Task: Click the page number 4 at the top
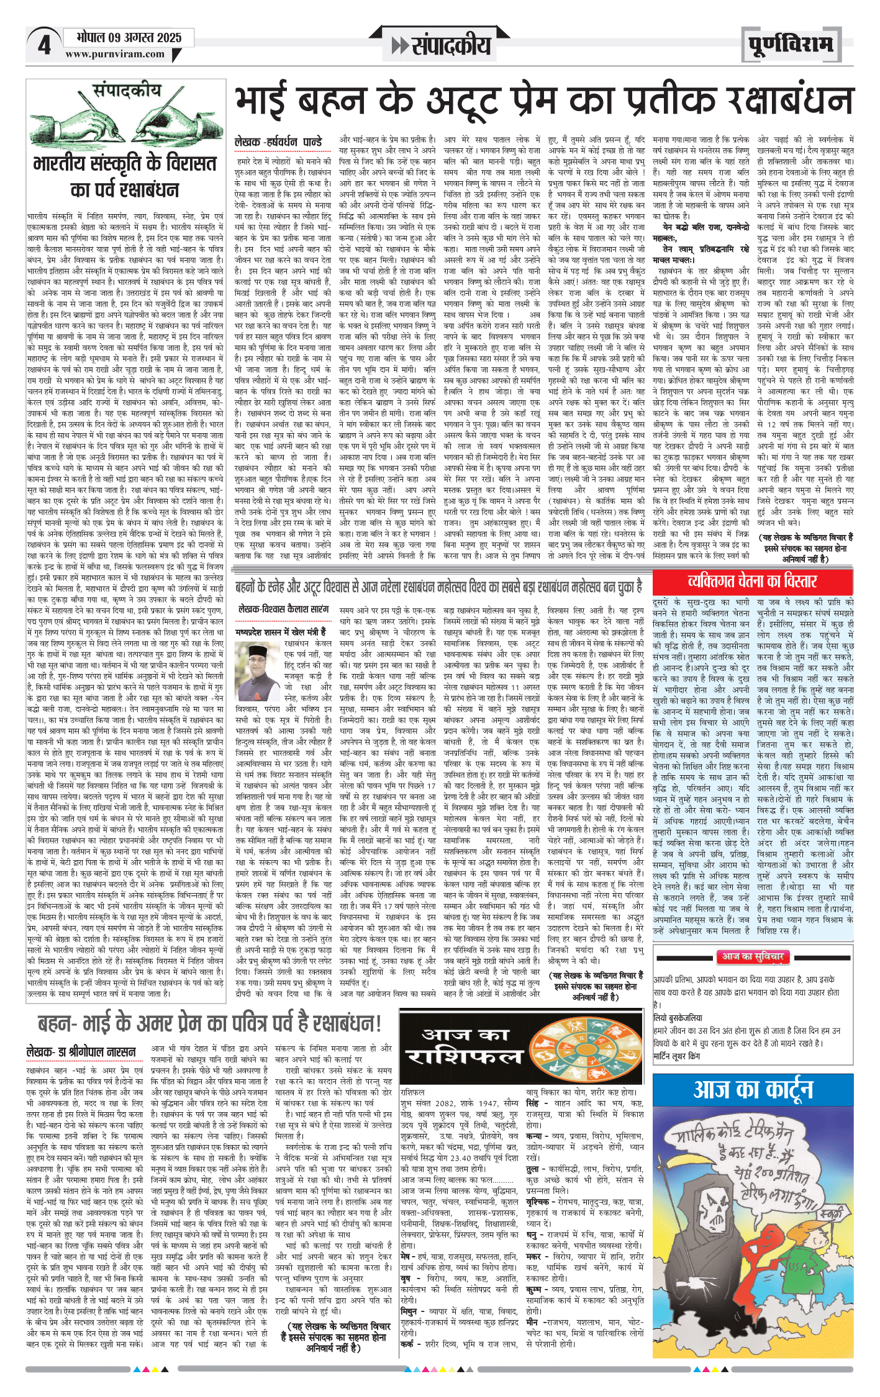click(44, 45)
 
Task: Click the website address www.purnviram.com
click(115, 54)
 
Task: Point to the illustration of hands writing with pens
click(125, 121)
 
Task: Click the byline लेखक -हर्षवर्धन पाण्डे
click(278, 142)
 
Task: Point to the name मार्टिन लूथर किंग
click(676, 1056)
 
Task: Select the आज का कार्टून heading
click(753, 1090)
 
